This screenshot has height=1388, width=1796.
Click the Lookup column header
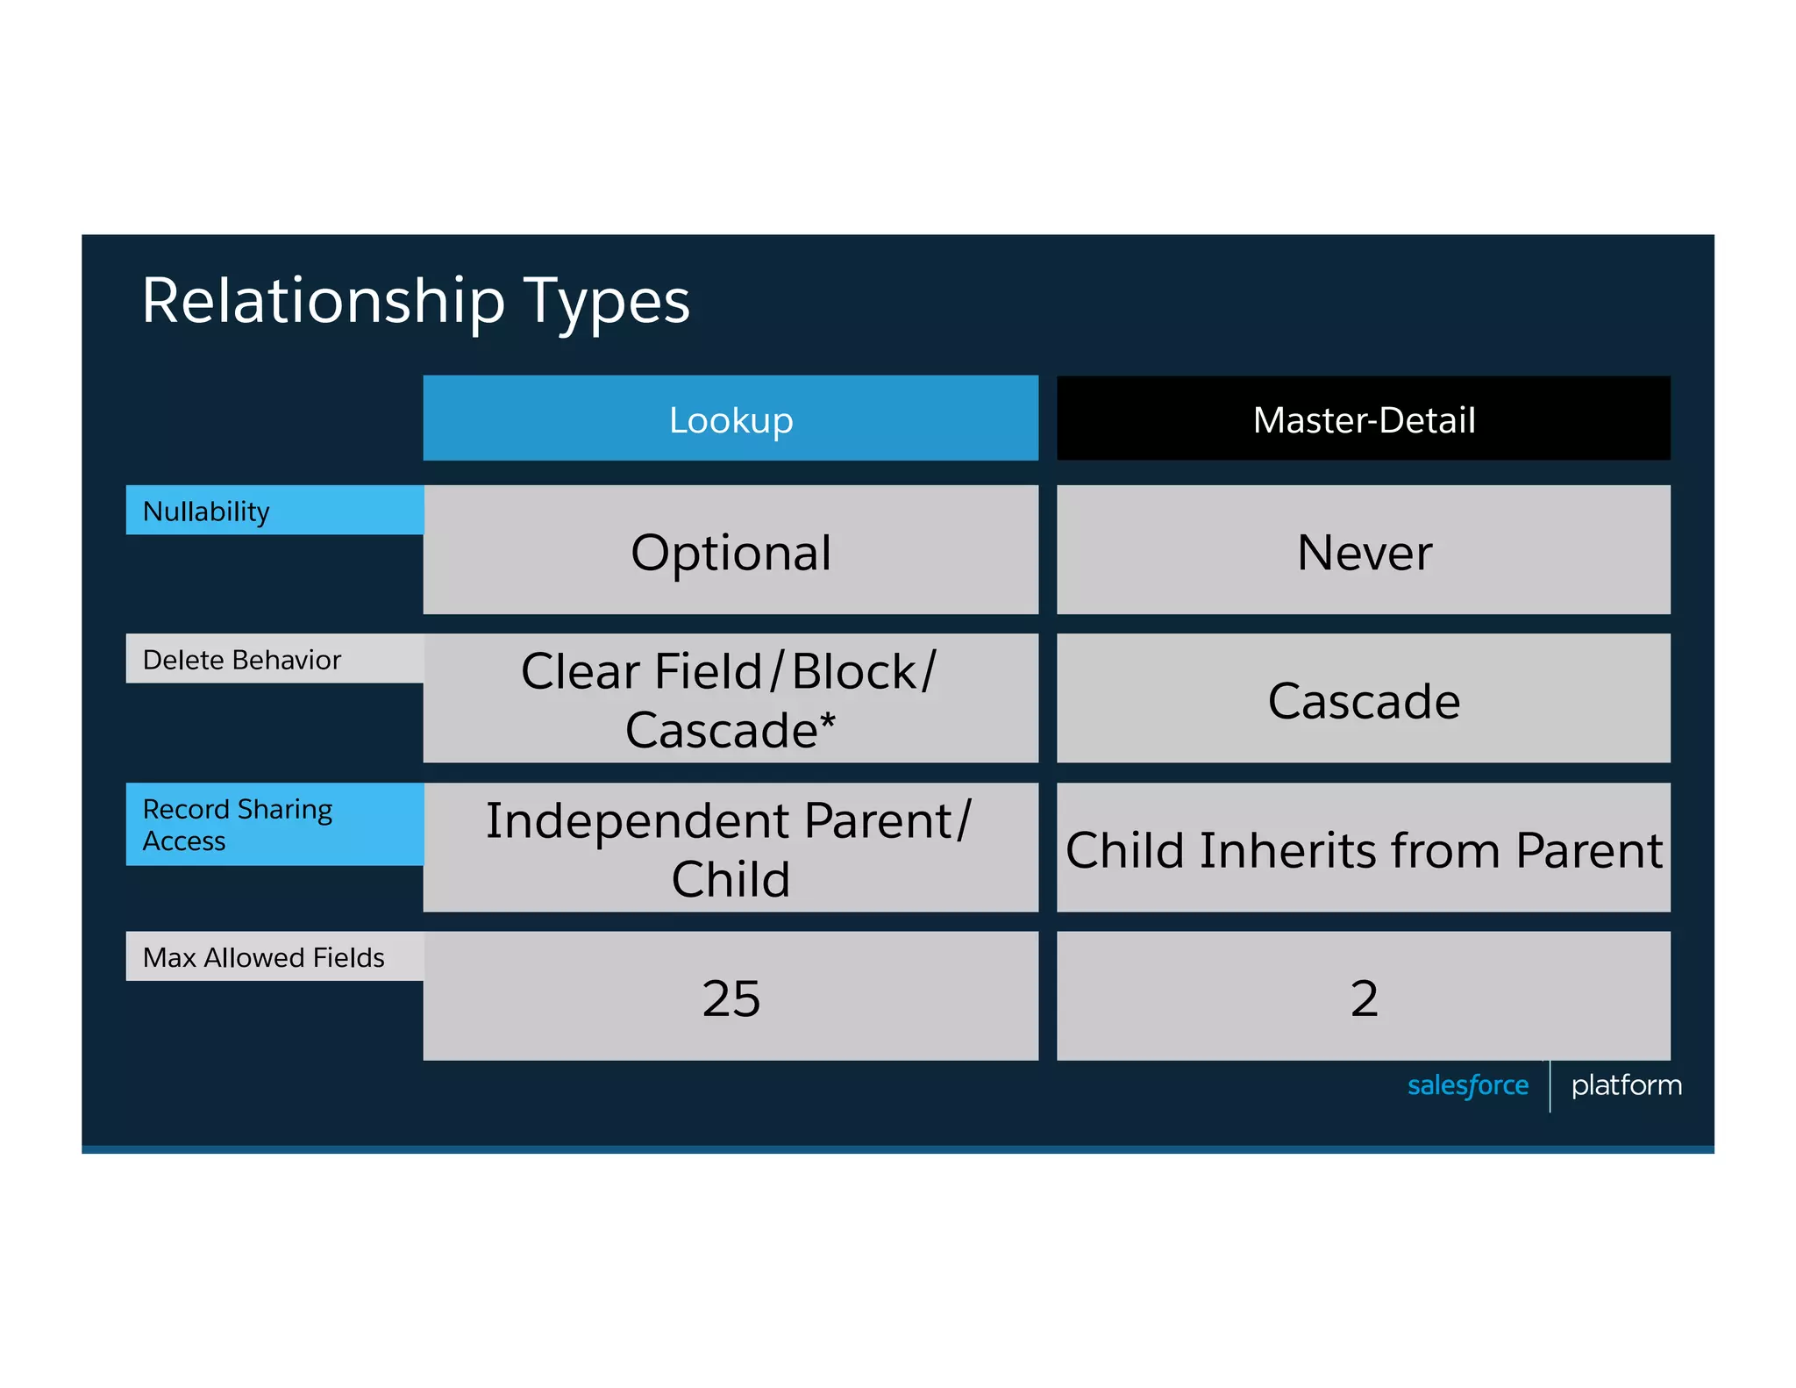[731, 419]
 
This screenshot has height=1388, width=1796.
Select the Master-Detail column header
[1363, 419]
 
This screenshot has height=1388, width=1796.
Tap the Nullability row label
[205, 511]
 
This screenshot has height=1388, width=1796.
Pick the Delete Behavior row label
[241, 659]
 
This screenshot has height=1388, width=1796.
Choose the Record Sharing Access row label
[237, 824]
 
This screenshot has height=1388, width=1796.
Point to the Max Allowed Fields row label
[263, 957]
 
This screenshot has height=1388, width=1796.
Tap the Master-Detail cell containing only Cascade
[1363, 701]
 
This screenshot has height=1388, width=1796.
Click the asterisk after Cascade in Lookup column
[827, 722]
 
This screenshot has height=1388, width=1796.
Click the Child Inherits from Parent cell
[1363, 850]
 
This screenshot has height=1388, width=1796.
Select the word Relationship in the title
[324, 302]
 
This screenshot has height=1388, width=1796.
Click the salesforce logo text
[1467, 1085]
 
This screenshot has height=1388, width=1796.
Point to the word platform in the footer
[1626, 1085]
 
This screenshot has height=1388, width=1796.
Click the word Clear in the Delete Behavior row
[581, 672]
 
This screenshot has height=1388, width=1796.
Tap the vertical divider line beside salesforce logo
[1550, 1086]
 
